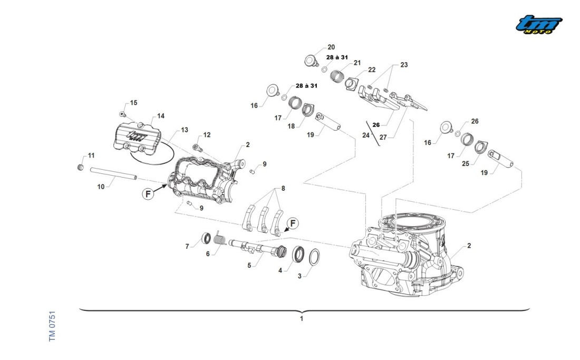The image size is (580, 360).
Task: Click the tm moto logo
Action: coord(538,25)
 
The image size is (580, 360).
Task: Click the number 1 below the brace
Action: coord(302,318)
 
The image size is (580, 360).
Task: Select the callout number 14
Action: coord(160,116)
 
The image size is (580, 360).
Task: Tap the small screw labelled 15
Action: coord(122,114)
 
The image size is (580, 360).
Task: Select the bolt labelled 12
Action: coord(197,147)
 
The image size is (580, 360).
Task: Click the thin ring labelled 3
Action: coord(312,257)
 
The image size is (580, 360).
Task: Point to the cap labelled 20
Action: coord(312,60)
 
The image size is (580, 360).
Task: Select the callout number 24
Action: coord(365,135)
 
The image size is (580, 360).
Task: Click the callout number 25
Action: coord(466,164)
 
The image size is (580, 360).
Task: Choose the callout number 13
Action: coord(184,130)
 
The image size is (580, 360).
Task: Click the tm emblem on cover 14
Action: coord(137,137)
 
